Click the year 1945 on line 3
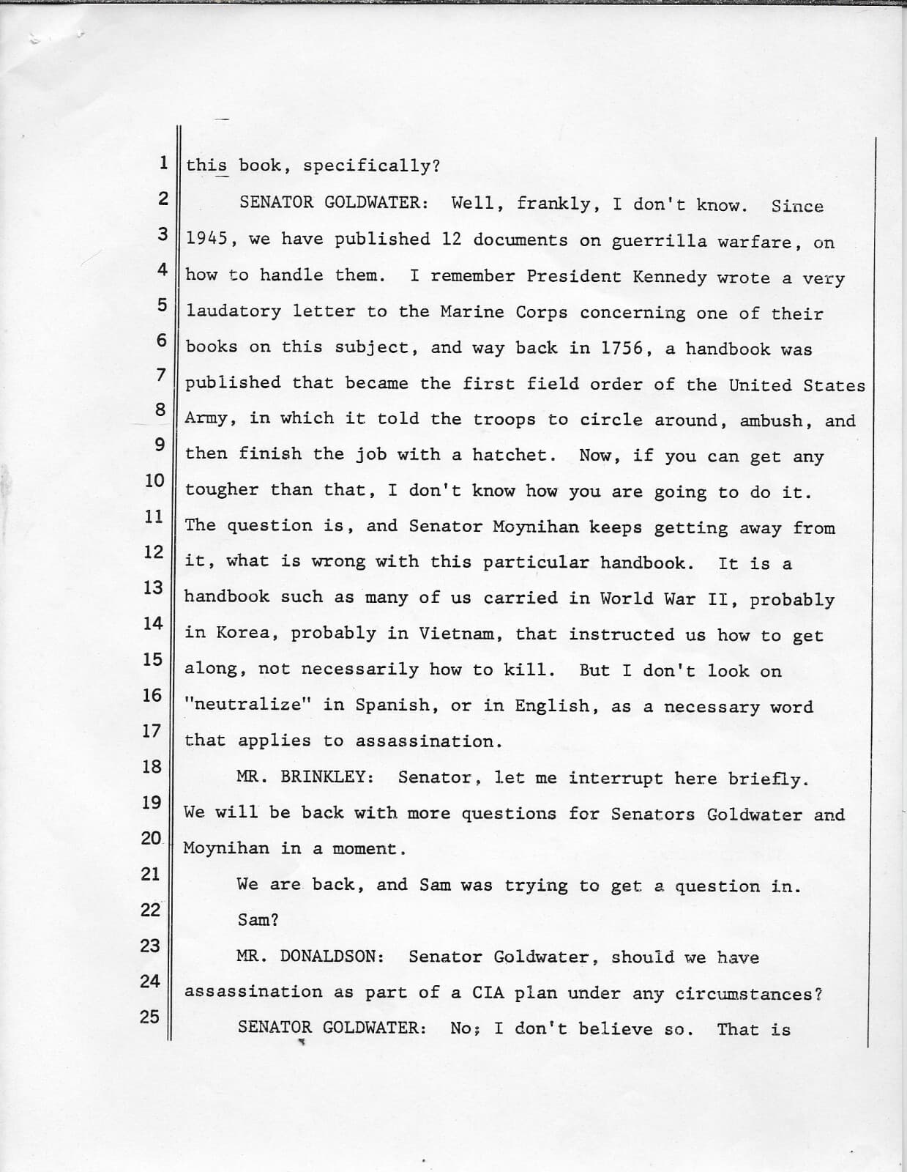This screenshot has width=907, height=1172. (206, 239)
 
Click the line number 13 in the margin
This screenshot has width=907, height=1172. (152, 587)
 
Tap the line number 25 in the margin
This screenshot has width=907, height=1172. (149, 1016)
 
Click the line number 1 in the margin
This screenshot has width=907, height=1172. (163, 162)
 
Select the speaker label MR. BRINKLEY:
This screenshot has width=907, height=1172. (305, 777)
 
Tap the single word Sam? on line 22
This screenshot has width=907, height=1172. (258, 920)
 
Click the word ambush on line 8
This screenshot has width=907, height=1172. (771, 421)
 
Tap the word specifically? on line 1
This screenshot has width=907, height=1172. (372, 166)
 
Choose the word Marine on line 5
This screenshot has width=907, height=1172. (471, 312)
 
